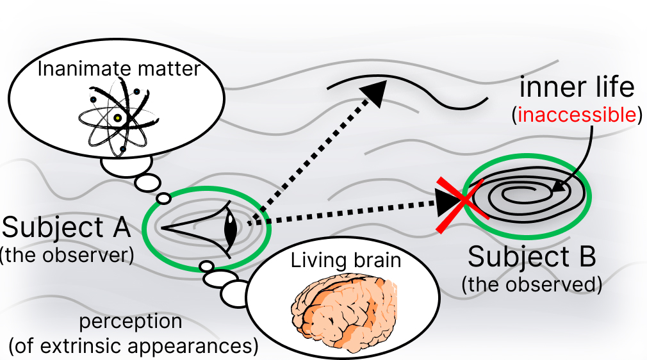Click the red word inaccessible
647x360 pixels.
click(577, 115)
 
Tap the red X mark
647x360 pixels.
click(463, 205)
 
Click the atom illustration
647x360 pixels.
click(119, 118)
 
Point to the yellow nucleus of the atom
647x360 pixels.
click(118, 119)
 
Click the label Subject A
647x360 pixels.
click(67, 227)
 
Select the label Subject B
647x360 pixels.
click(532, 257)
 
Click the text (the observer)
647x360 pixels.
click(67, 255)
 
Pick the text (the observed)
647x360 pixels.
click(532, 284)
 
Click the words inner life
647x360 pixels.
click(577, 87)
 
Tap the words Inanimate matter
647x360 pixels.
click(119, 69)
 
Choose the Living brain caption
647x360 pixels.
click(346, 261)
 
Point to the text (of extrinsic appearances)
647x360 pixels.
click(133, 346)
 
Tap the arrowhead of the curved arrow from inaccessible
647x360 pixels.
click(559, 187)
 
